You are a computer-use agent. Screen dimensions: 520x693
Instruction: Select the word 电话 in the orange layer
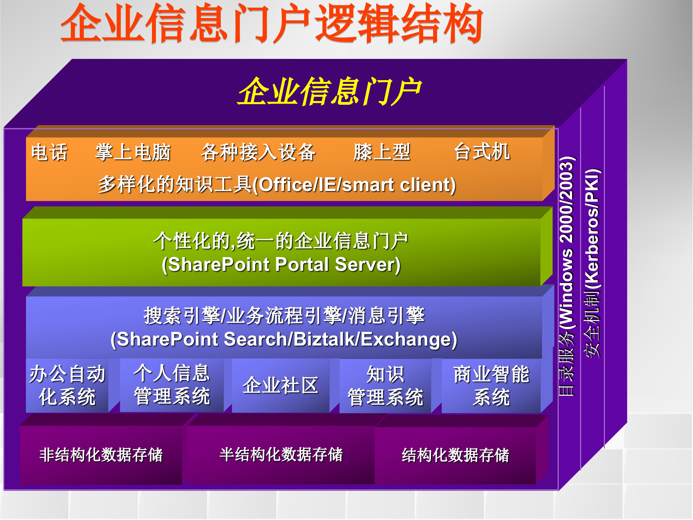[x=49, y=152]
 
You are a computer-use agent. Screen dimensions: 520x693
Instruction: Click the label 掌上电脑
[x=132, y=152]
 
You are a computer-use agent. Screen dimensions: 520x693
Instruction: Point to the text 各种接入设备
[x=258, y=152]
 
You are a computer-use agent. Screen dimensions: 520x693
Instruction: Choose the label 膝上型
[x=382, y=152]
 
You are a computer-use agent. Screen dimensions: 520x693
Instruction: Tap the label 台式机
[x=481, y=152]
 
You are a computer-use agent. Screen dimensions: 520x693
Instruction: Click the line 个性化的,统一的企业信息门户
[x=281, y=241]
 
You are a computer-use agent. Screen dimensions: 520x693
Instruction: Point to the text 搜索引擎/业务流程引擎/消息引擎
[x=284, y=316]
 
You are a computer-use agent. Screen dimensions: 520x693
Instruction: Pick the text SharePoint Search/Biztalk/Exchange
[x=284, y=339]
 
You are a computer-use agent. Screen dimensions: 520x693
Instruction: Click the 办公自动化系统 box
[x=67, y=385]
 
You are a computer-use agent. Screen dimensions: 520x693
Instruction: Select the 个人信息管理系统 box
[x=172, y=385]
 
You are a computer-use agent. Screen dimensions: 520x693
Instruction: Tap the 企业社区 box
[x=280, y=385]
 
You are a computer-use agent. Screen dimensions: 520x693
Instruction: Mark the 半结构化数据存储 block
[x=281, y=455]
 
